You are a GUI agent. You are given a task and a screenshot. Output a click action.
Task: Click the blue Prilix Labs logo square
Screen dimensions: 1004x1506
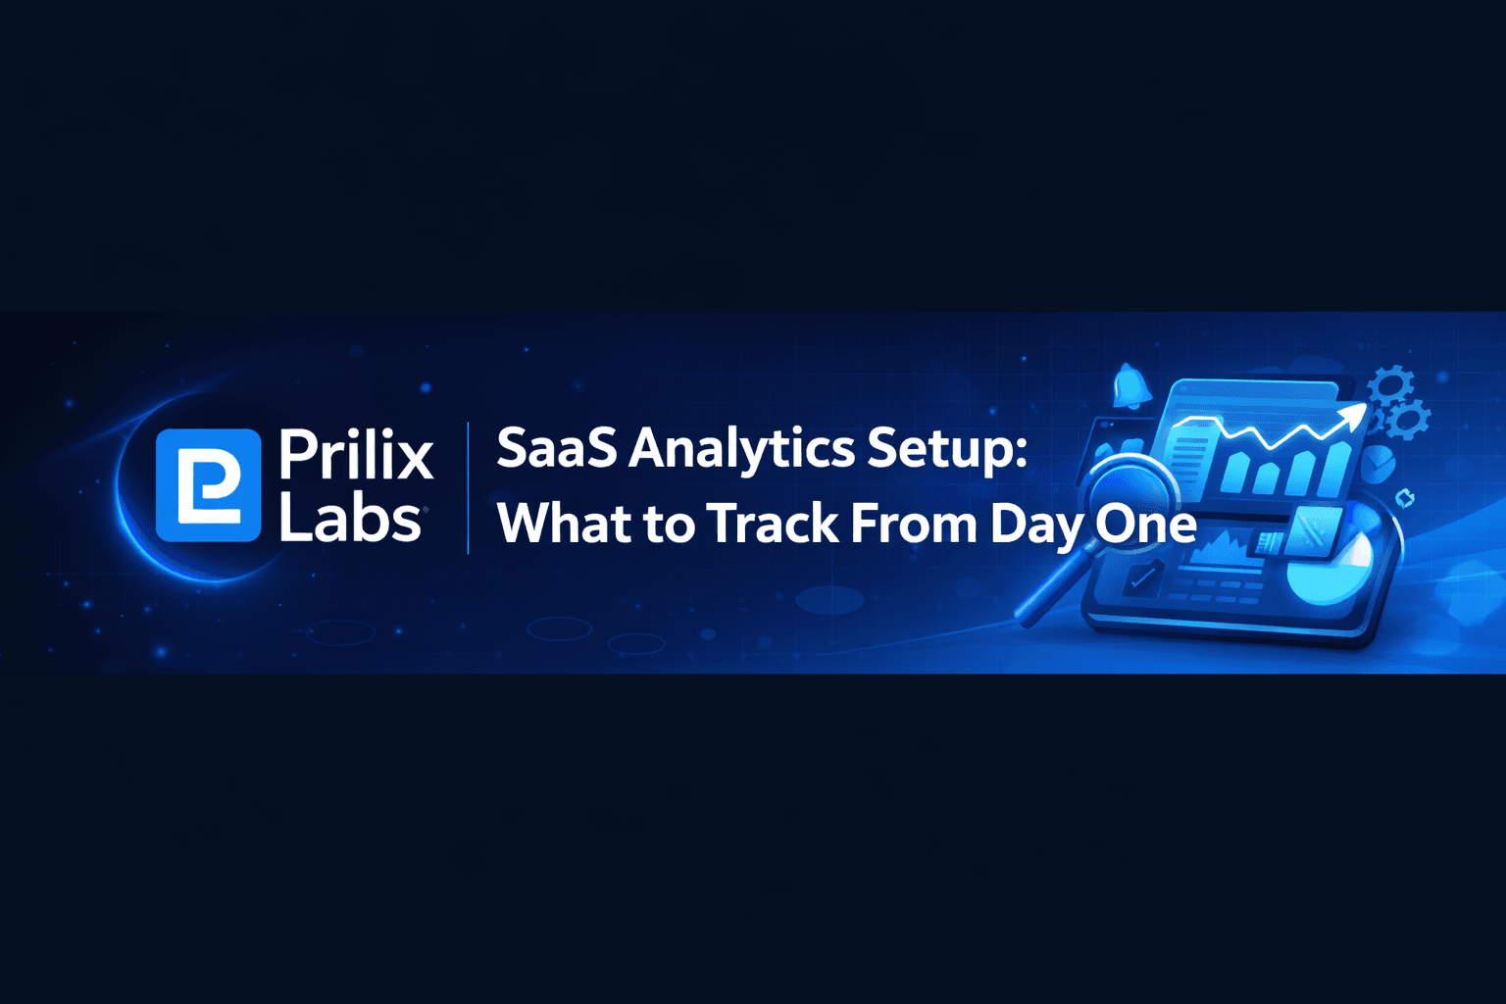(x=208, y=485)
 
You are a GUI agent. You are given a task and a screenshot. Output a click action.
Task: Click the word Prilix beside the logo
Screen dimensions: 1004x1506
(x=356, y=455)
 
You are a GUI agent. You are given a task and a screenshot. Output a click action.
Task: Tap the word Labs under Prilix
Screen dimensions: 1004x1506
(x=350, y=519)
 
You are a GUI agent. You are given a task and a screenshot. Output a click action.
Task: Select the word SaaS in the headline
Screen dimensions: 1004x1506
(x=557, y=449)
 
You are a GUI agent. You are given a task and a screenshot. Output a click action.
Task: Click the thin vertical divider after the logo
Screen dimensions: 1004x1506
(x=468, y=487)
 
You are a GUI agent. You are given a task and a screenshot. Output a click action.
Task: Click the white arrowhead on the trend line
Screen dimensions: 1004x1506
(x=1354, y=416)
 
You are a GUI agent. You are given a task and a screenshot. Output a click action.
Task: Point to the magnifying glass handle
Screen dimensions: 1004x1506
(x=1045, y=592)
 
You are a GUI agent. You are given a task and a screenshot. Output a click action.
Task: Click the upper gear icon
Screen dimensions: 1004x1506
(x=1390, y=384)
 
